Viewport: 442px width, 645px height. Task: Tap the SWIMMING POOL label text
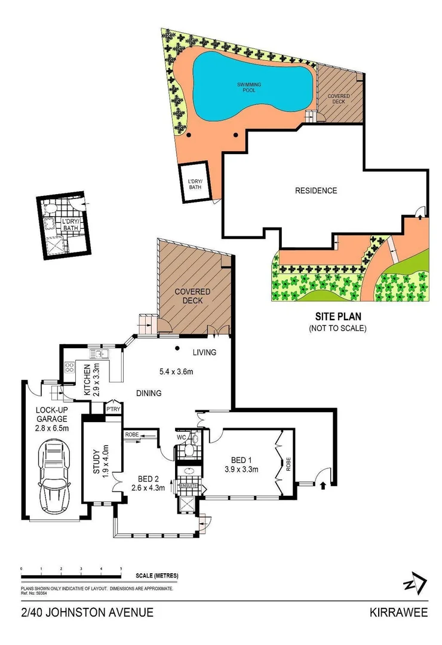click(x=248, y=87)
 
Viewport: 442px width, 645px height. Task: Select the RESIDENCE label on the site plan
click(x=316, y=191)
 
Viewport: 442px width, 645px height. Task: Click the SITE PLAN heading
click(x=337, y=318)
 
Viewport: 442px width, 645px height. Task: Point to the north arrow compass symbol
click(x=415, y=583)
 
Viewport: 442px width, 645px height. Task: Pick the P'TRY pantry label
click(x=112, y=410)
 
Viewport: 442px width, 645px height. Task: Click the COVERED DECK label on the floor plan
click(x=192, y=296)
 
